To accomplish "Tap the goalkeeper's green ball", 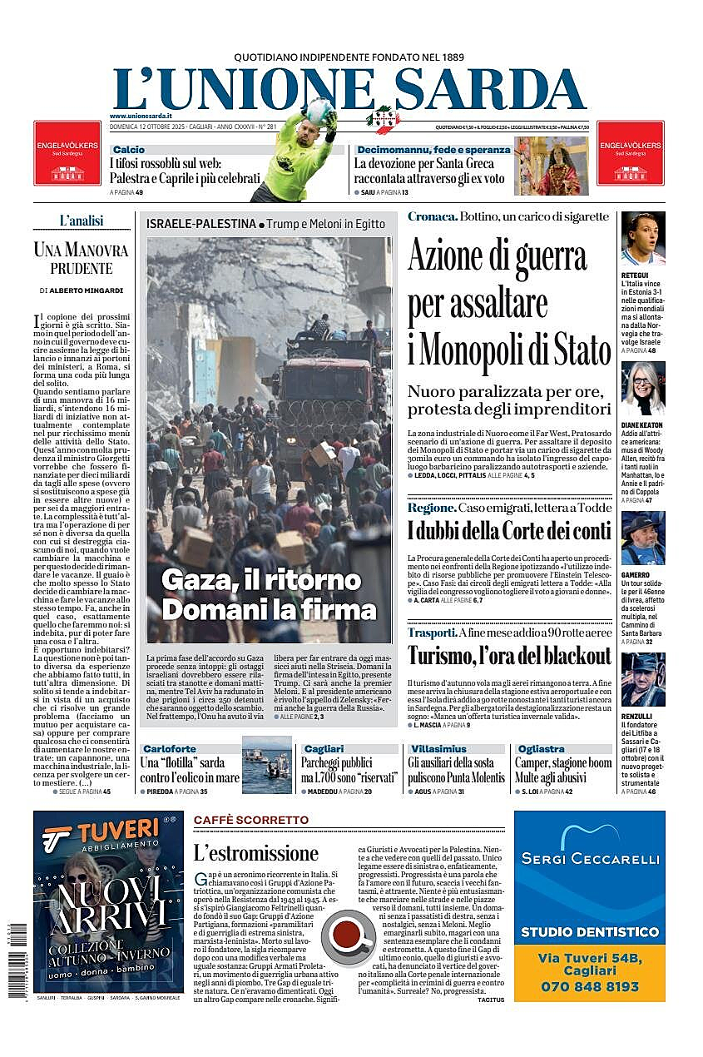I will pyautogui.click(x=319, y=111).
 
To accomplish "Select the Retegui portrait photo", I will pyautogui.click(x=642, y=239).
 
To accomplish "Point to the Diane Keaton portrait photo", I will pyautogui.click(x=642, y=389).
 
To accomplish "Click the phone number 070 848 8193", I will pyautogui.click(x=589, y=986).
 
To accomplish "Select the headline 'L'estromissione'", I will pyautogui.click(x=255, y=852).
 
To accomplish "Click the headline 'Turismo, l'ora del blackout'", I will pyautogui.click(x=509, y=656).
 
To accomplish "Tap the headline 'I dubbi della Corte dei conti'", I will pyautogui.click(x=509, y=530).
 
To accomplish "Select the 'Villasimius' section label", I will pyautogui.click(x=438, y=749).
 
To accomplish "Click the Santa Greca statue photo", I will pyautogui.click(x=551, y=166).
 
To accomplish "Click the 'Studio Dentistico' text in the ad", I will pyautogui.click(x=589, y=931).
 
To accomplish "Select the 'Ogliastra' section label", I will pyautogui.click(x=541, y=749).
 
